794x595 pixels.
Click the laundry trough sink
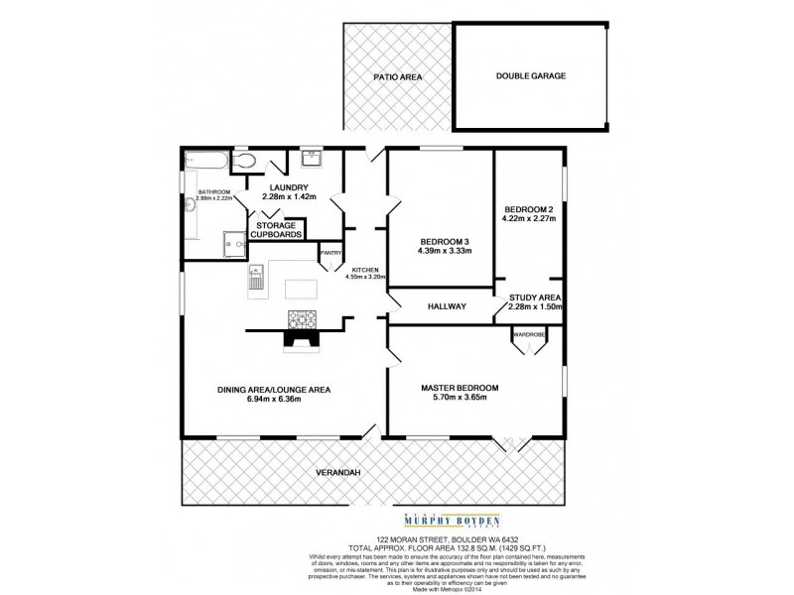(311, 159)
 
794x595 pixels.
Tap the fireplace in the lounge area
(300, 340)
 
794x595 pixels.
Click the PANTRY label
(331, 253)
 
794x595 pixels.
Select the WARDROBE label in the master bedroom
(528, 334)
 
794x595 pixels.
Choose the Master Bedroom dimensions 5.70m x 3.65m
(460, 399)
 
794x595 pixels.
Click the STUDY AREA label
(536, 297)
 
